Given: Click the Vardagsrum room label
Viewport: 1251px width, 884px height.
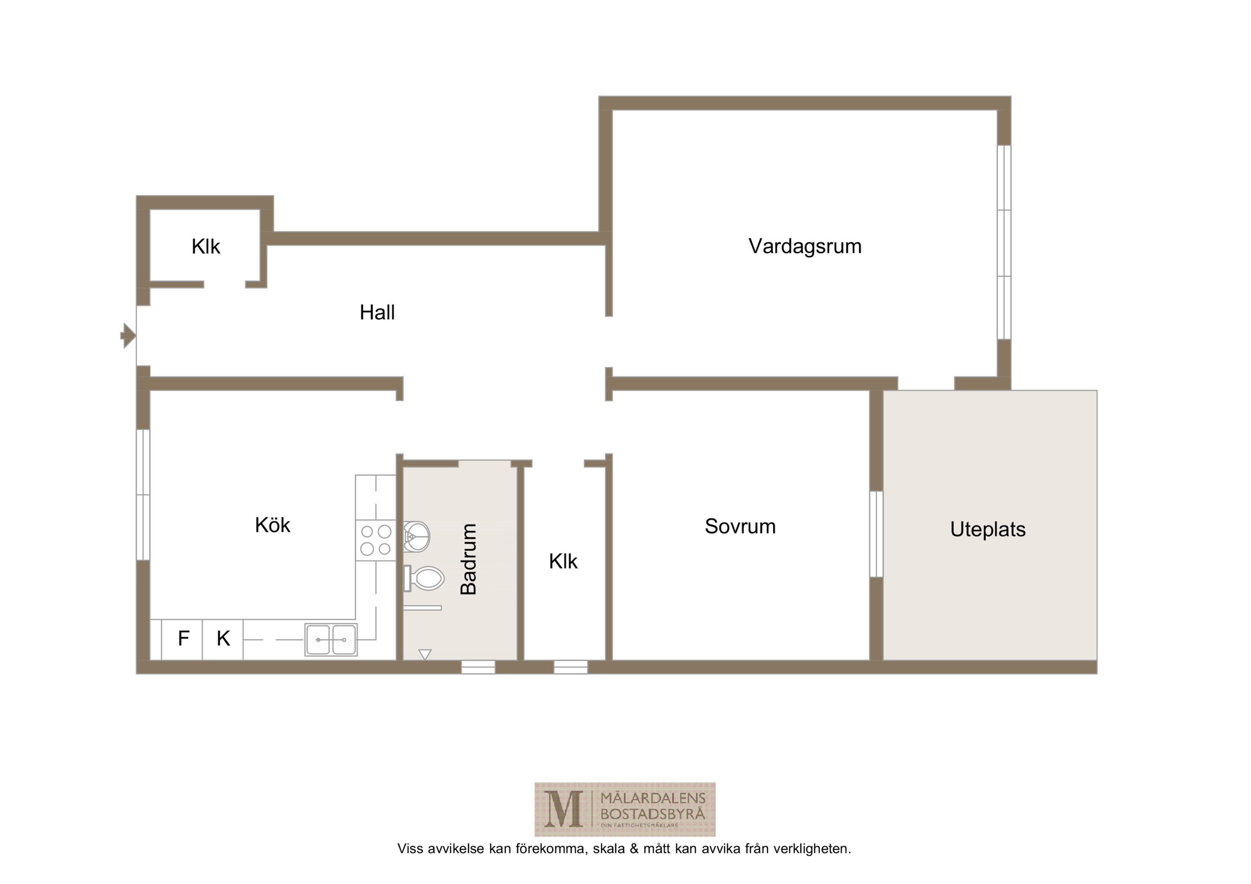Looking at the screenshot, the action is point(805,246).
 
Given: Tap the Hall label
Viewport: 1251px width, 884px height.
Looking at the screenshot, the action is point(377,312).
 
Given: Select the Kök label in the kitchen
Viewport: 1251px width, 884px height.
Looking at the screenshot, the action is point(273,525).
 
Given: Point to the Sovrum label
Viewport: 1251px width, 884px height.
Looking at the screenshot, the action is point(740,526).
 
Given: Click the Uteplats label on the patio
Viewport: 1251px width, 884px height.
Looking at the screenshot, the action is point(988,530).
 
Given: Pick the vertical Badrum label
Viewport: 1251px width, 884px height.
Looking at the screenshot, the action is point(469,559).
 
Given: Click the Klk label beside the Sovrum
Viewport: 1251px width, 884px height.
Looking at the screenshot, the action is point(563,562).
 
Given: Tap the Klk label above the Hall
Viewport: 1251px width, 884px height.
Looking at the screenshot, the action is point(205,246).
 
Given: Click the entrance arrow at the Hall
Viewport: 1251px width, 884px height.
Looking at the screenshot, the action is point(128,335).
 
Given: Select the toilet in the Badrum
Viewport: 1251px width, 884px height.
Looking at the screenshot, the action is point(424,578).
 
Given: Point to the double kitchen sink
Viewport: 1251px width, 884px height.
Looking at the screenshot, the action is point(331,639).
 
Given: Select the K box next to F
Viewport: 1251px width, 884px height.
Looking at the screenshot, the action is point(223,639).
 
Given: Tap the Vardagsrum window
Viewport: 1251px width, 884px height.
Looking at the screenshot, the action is point(1004,242).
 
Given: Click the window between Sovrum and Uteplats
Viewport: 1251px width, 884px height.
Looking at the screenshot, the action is point(876,534).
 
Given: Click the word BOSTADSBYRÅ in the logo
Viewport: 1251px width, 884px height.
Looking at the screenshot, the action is point(653,814).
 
